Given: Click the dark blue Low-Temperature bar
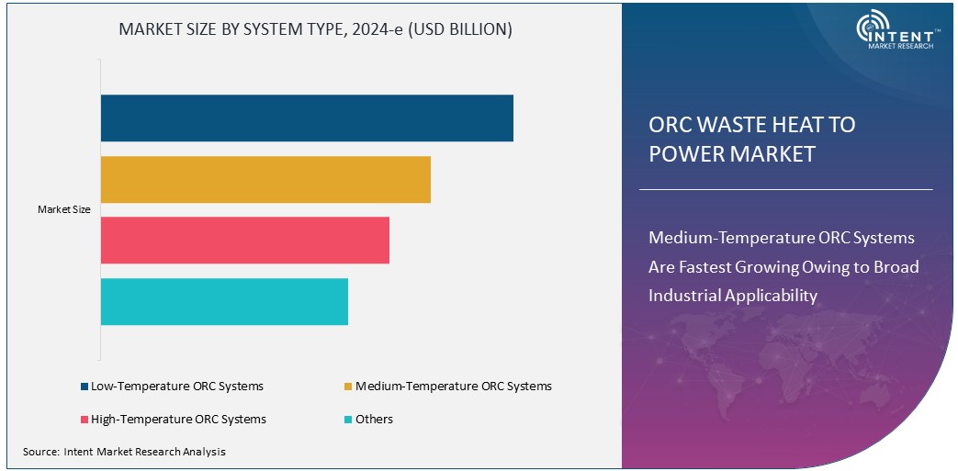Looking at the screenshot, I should pyautogui.click(x=307, y=118).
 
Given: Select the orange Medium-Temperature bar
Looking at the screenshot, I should pyautogui.click(x=265, y=180).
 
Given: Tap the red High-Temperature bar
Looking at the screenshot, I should pyautogui.click(x=245, y=241).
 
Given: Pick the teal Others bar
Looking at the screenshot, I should pyautogui.click(x=224, y=301).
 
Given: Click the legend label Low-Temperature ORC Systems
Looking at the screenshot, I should pyautogui.click(x=177, y=387).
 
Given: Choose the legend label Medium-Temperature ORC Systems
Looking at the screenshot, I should pyautogui.click(x=454, y=387).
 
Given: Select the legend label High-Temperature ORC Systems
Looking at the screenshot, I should pyautogui.click(x=178, y=420).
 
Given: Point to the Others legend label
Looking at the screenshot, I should pyautogui.click(x=374, y=420).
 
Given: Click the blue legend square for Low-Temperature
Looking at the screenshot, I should pyautogui.click(x=85, y=387).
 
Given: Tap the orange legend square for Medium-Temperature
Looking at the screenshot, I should pyautogui.click(x=348, y=387).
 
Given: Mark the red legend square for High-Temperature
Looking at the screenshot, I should pyautogui.click(x=85, y=420).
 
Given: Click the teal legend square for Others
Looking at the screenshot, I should pyautogui.click(x=348, y=420).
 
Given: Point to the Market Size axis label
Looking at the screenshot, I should pyautogui.click(x=64, y=210).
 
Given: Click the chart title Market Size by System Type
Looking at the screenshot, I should pyautogui.click(x=316, y=29).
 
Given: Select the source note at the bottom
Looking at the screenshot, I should pyautogui.click(x=124, y=452).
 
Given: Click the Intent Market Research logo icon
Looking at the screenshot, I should pyautogui.click(x=870, y=28).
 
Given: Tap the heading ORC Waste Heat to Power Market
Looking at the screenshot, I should pyautogui.click(x=751, y=139).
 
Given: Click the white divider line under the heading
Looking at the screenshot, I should pyautogui.click(x=785, y=189).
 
